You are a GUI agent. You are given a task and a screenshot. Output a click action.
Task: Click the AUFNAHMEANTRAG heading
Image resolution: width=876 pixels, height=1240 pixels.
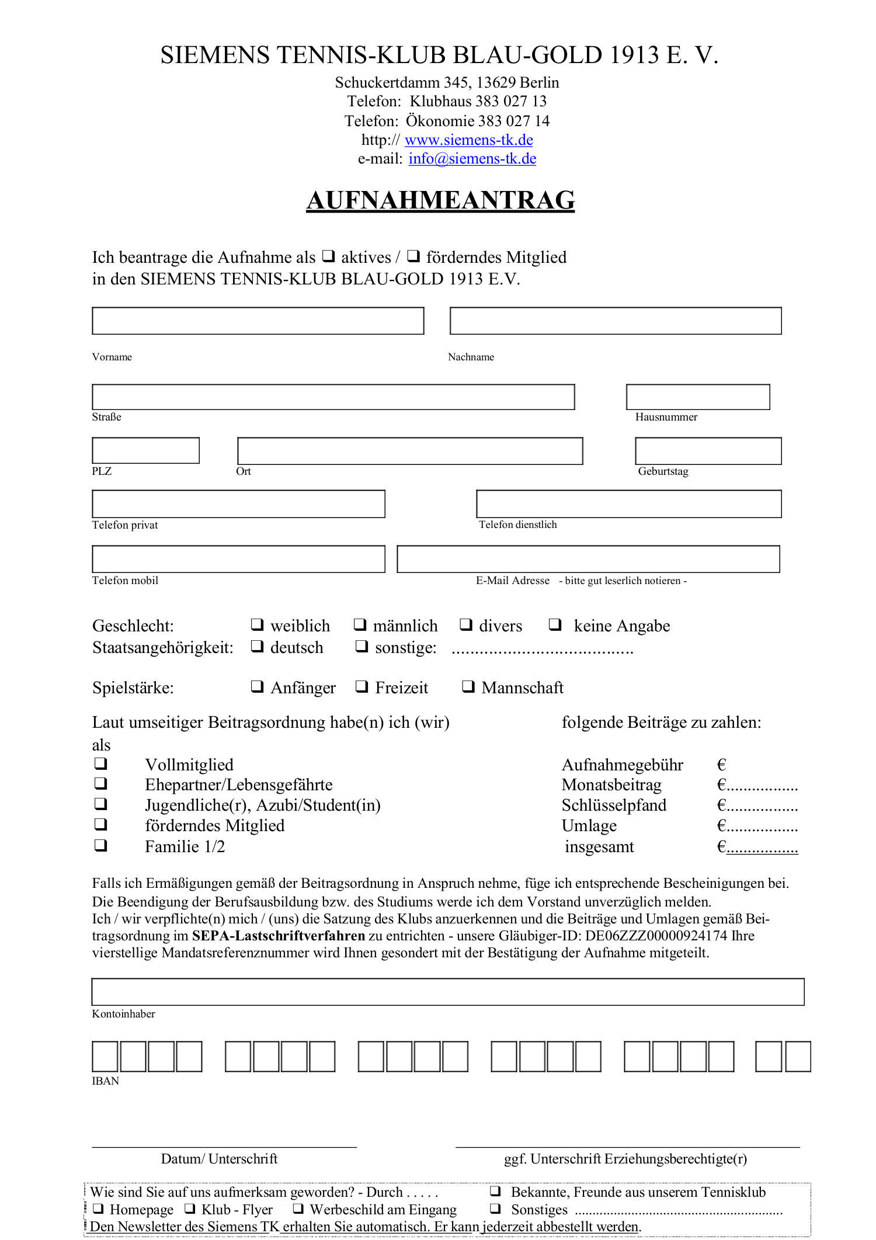[x=440, y=200]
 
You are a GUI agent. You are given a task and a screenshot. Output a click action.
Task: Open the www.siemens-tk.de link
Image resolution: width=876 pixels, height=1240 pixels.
[x=468, y=140]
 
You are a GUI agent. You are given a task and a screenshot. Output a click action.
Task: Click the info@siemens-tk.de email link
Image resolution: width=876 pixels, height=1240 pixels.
[x=472, y=159]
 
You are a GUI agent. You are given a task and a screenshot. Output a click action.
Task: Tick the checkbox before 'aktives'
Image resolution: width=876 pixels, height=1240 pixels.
[x=329, y=256]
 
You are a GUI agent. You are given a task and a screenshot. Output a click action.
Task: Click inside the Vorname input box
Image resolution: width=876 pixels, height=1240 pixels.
[x=258, y=321]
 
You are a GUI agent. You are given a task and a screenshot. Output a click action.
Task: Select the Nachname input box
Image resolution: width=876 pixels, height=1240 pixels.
[x=615, y=321]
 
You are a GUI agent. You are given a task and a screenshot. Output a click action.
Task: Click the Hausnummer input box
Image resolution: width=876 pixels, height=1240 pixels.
[x=697, y=397]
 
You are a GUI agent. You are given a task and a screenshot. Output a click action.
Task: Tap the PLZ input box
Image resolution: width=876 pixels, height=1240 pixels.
[x=145, y=450]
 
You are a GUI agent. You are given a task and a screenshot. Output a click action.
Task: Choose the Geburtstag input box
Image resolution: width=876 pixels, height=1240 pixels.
[x=708, y=451]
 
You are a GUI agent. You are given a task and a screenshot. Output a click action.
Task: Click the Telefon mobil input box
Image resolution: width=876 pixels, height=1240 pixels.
[x=238, y=559]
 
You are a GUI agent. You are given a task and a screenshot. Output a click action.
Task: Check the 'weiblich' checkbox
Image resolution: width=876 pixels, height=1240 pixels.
[x=257, y=624]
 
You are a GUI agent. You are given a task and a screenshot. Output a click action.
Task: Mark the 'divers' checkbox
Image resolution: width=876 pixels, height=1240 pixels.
[x=465, y=624]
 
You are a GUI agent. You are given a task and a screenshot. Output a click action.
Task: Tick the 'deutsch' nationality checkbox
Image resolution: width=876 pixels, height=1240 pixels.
[x=257, y=646]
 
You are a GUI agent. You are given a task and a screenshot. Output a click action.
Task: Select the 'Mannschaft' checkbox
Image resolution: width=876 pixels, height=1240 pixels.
[x=468, y=686]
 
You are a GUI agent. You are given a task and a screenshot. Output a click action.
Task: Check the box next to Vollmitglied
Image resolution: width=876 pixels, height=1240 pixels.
[x=101, y=763]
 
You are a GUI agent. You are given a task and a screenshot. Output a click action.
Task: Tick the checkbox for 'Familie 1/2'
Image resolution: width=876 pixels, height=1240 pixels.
[x=101, y=845]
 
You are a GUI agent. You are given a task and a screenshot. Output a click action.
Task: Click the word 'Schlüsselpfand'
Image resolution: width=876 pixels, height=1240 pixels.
[x=614, y=805]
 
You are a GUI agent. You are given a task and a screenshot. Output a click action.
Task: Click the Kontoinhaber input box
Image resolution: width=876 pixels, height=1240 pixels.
[x=447, y=992]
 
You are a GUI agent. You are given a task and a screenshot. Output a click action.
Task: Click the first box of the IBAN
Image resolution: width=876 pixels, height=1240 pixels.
[x=105, y=1056]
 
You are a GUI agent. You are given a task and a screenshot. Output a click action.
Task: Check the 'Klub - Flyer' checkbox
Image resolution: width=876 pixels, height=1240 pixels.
[x=190, y=1208]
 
